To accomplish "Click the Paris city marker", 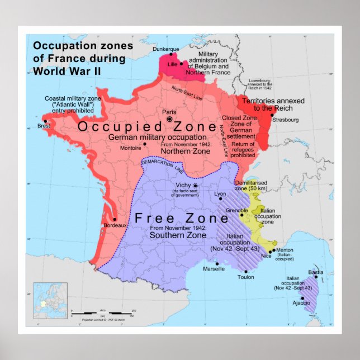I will pyautogui.click(x=169, y=119).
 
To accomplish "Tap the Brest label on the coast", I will pyautogui.click(x=44, y=126).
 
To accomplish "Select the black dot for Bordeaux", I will pyautogui.click(x=115, y=219).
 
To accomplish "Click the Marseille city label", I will pyautogui.click(x=214, y=269).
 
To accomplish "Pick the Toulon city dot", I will pyautogui.click(x=247, y=270).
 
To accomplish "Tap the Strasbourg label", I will pyautogui.click(x=286, y=120).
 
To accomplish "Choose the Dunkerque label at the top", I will pyautogui.click(x=165, y=49).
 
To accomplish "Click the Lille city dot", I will pyautogui.click(x=181, y=64).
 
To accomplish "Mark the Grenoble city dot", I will pyautogui.click(x=241, y=214).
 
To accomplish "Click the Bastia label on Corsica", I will pyautogui.click(x=315, y=272).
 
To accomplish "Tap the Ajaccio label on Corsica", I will pyautogui.click(x=301, y=303).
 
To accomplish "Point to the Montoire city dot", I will pyautogui.click(x=145, y=144).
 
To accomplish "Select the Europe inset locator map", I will pyautogui.click(x=50, y=300).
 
